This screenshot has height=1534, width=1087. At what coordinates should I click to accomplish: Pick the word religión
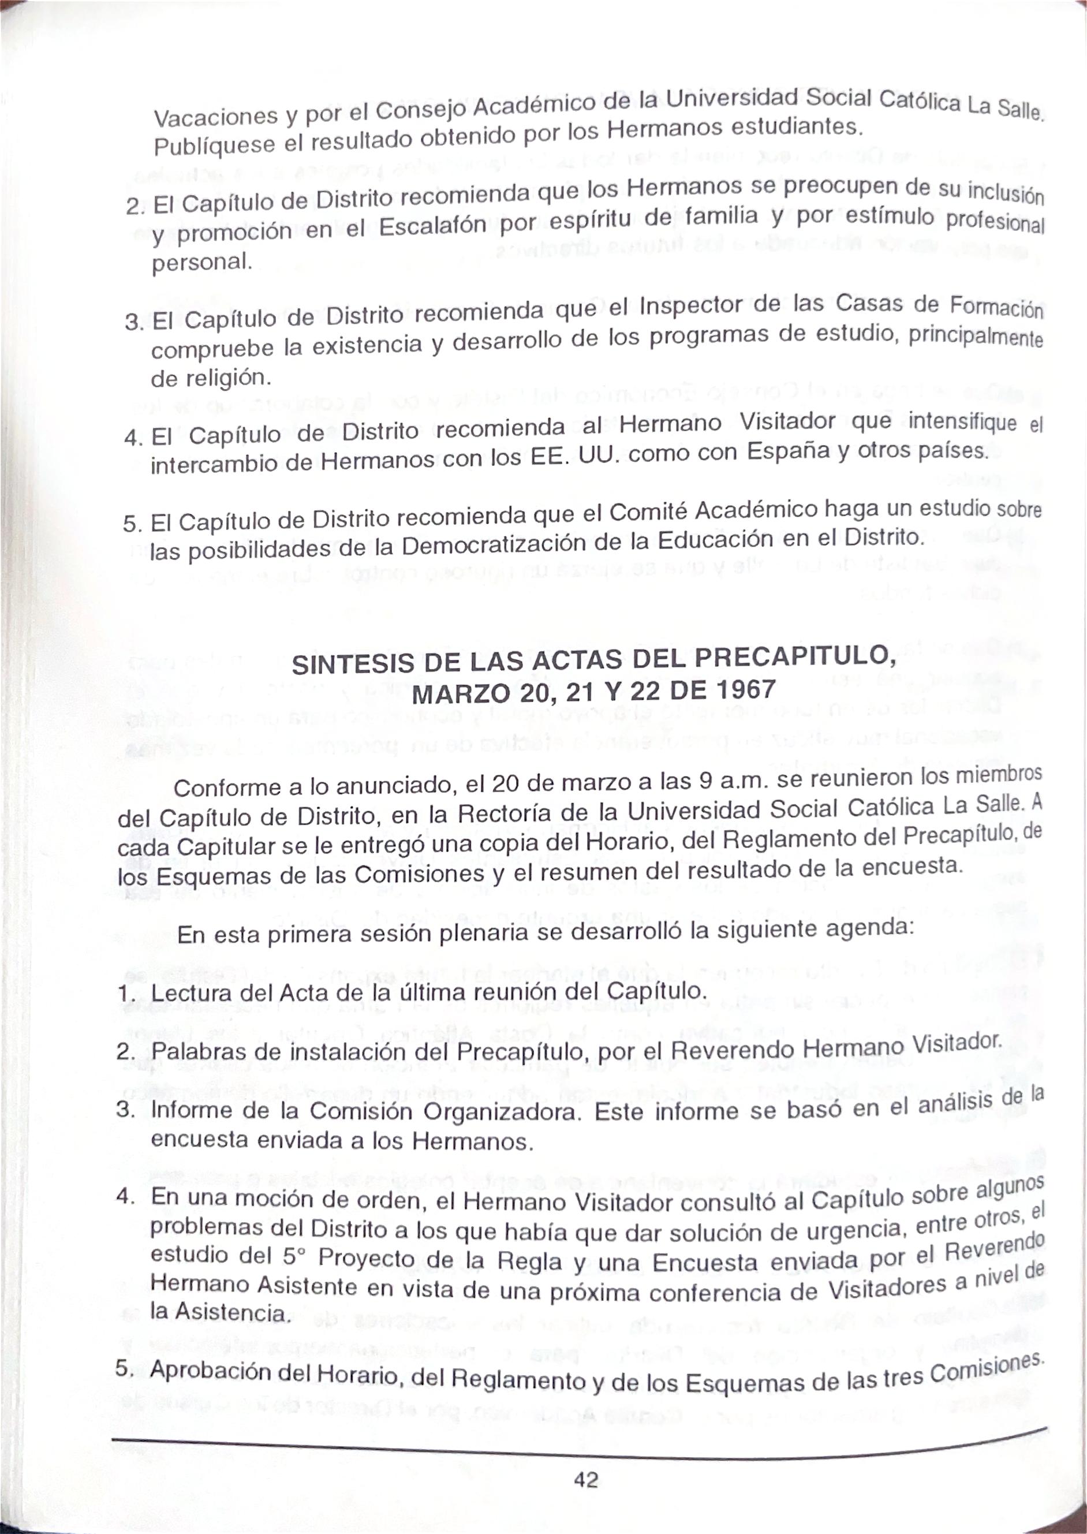point(229,379)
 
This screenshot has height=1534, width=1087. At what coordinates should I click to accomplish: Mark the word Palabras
point(194,1052)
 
